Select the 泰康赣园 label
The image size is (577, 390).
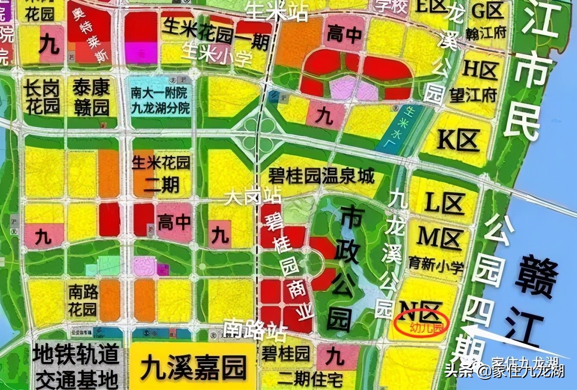pos(91,97)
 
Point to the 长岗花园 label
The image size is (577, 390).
pos(42,97)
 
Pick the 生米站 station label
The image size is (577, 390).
pos(277,11)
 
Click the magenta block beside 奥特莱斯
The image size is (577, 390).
pos(141,52)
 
